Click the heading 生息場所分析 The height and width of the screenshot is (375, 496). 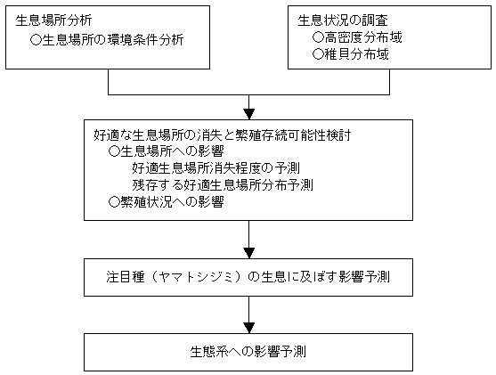tap(53, 20)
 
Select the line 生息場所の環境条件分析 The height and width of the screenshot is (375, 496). tap(112, 40)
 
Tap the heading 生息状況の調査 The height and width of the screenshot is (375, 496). tap(343, 20)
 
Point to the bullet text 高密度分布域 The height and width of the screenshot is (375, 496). tap(363, 37)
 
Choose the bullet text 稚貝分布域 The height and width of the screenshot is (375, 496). tap(356, 54)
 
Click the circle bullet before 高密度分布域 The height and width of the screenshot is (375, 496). tap(318, 37)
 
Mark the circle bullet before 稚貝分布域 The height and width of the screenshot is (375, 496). tap(318, 54)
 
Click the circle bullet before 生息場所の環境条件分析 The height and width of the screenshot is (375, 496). tap(36, 40)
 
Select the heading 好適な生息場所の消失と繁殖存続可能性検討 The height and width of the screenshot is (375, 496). tap(223, 135)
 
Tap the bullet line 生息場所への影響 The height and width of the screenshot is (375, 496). tap(172, 151)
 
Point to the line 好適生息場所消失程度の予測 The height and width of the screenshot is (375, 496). tap(216, 168)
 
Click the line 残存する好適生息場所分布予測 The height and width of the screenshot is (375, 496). tap(223, 184)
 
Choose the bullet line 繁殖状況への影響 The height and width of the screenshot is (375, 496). tap(172, 201)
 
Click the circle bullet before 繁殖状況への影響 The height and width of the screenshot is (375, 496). tap(114, 202)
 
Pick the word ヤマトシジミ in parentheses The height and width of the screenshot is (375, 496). tap(197, 277)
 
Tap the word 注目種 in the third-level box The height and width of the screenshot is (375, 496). tap(126, 277)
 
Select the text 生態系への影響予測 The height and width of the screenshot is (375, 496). tap(248, 352)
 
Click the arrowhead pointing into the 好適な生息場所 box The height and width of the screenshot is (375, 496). tap(249, 114)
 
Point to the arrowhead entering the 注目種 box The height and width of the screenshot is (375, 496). tap(249, 253)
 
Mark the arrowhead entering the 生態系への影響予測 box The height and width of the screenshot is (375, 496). tap(249, 328)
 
